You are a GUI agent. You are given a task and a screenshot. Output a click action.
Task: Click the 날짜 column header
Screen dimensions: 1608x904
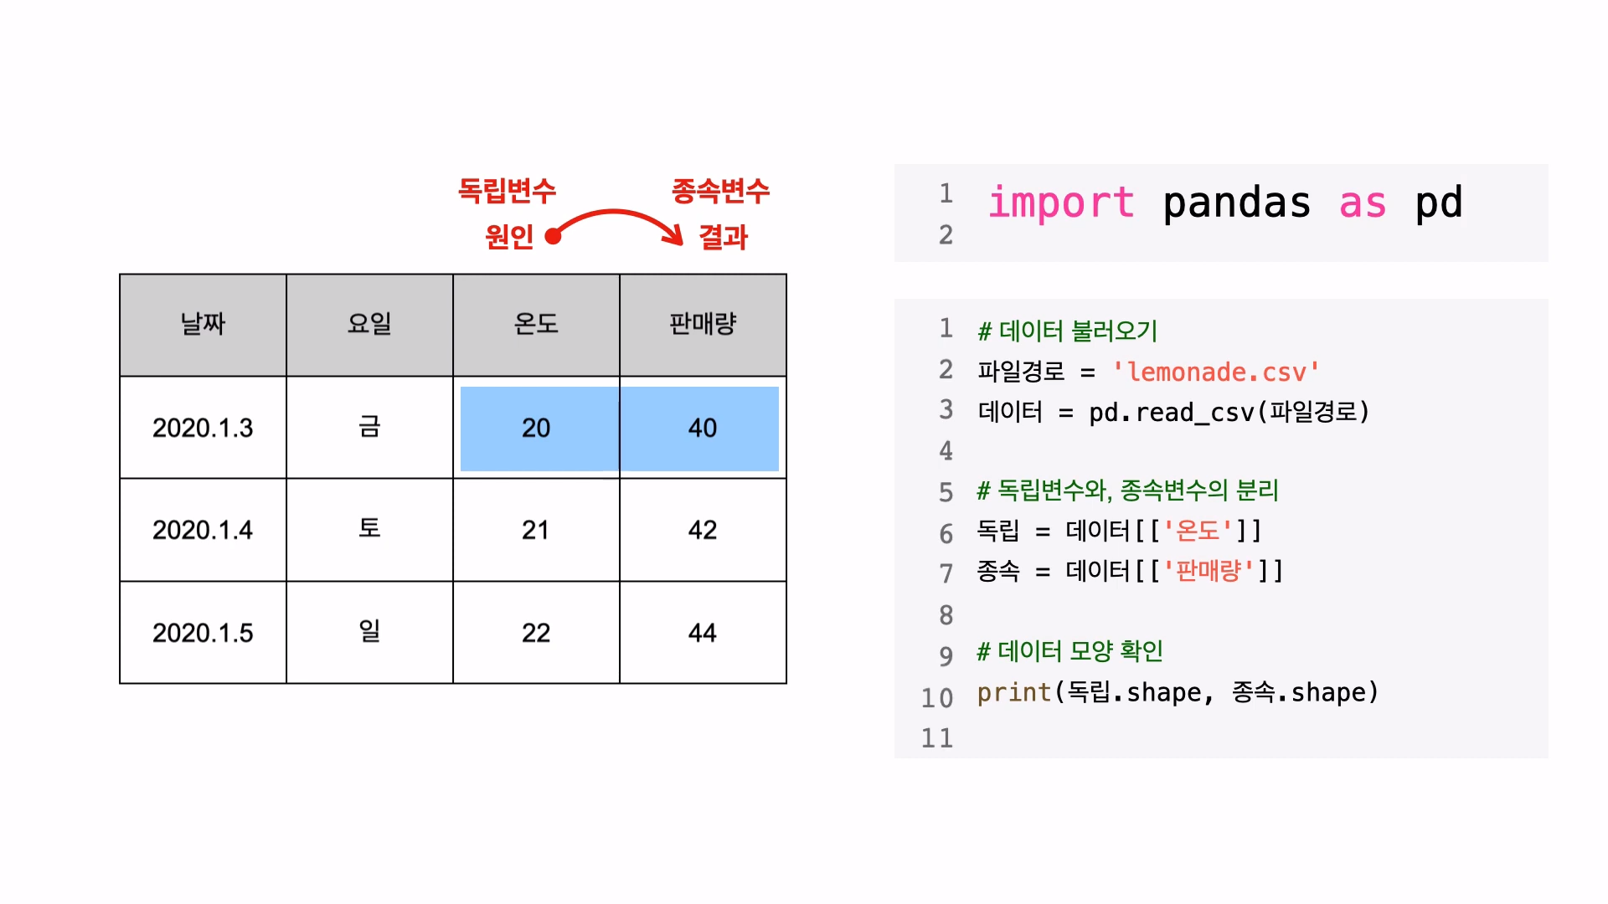click(203, 324)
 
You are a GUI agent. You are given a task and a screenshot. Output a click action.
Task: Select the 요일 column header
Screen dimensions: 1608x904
click(369, 324)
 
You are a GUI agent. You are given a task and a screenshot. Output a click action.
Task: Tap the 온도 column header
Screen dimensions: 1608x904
click(536, 324)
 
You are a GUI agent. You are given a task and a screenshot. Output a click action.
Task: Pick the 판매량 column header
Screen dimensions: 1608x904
click(703, 324)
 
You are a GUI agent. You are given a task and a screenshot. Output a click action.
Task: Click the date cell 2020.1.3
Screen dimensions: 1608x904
click(203, 428)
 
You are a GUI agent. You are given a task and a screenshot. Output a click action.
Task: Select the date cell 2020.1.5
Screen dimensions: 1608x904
click(203, 633)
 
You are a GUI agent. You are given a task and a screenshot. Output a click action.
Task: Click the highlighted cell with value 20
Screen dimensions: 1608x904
click(536, 428)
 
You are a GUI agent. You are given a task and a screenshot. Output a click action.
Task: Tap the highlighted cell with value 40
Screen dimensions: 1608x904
click(703, 428)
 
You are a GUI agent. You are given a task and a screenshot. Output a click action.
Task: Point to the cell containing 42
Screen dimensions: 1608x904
click(703, 530)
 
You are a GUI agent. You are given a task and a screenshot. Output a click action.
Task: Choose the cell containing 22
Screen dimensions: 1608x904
click(536, 633)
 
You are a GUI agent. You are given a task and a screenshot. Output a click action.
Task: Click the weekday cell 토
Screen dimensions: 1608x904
click(369, 528)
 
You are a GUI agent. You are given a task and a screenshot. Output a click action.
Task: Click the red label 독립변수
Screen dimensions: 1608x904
click(507, 191)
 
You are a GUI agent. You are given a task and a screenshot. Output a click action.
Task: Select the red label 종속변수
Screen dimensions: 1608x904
click(720, 191)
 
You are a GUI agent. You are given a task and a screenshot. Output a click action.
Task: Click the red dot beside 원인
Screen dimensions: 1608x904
click(553, 237)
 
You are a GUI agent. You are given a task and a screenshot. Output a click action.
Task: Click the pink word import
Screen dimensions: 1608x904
click(1061, 203)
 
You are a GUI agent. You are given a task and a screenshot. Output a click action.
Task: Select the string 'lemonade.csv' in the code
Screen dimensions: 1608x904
click(1216, 372)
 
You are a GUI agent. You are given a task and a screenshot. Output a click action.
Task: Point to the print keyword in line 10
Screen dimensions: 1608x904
click(1013, 692)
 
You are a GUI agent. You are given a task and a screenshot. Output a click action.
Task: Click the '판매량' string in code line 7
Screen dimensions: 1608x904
click(1209, 571)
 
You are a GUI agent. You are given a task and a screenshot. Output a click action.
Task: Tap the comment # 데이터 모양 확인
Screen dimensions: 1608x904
click(1070, 651)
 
